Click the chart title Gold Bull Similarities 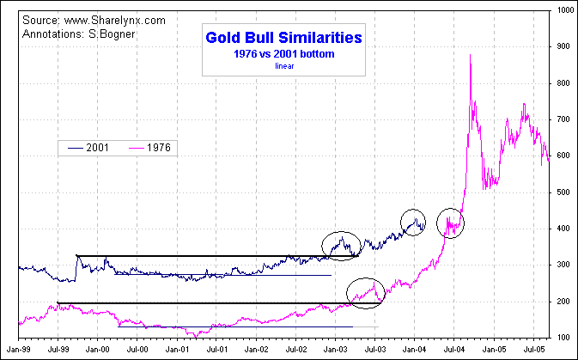[x=283, y=38]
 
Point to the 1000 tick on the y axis [x=563, y=10]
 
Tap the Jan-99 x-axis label [x=19, y=350]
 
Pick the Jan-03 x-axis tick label [x=335, y=350]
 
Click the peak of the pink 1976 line [x=470, y=55]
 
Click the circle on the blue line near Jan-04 [x=413, y=223]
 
